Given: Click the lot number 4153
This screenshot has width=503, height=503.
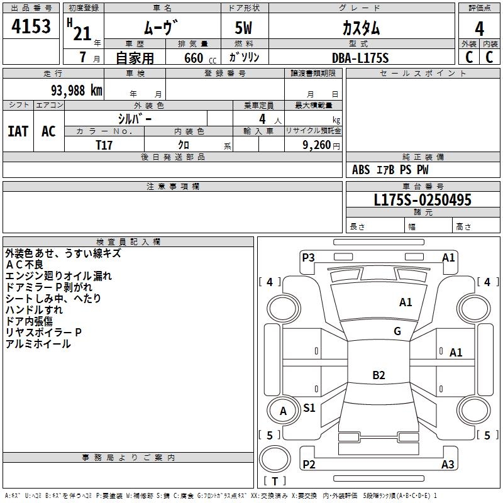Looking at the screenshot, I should [31, 27].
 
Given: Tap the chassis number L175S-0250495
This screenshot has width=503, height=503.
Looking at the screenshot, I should [423, 200].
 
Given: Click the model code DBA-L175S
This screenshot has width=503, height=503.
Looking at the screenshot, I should [361, 58].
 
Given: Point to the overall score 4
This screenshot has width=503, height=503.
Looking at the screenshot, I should [479, 28].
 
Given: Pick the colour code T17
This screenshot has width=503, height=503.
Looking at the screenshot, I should [104, 145].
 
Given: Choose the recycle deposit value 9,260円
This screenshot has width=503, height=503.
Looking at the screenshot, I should [320, 145].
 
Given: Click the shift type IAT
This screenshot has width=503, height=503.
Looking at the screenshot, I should [18, 131].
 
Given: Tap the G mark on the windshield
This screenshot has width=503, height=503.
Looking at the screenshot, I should [397, 331].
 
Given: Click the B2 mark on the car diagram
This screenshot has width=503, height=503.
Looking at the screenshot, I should [379, 375].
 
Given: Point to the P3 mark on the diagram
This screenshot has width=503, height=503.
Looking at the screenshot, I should [308, 257].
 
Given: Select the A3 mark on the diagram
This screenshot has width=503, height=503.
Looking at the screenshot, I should [448, 465].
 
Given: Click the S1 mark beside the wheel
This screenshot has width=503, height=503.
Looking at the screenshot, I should [309, 408].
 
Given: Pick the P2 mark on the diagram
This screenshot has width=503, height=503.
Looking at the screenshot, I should [309, 465].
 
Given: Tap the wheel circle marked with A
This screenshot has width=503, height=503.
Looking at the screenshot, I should [283, 411].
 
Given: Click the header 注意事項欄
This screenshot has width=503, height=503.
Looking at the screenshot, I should [173, 187].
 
